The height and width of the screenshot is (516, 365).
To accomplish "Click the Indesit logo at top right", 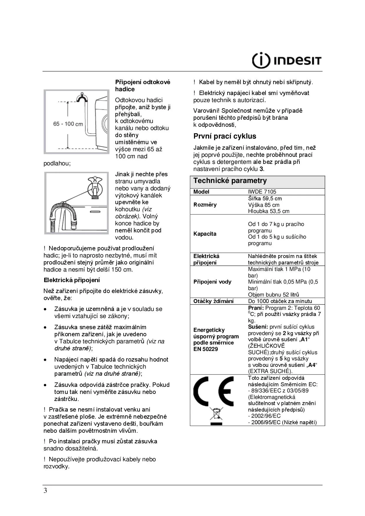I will coord(286,60).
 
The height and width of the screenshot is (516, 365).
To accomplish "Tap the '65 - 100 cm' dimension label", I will coord(68,124).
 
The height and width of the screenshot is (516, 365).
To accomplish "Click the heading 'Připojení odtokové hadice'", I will coord(142,86).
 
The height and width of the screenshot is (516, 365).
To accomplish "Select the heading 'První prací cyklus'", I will coord(225,136).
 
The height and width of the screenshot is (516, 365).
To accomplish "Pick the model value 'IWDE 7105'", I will coord(262,192).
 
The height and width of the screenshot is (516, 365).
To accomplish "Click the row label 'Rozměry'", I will coord(205,205).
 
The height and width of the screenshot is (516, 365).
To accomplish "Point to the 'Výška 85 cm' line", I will coord(263,205).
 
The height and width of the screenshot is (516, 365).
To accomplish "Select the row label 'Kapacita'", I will coord(205,234).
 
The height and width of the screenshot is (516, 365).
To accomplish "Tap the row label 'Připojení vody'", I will coord(212,282).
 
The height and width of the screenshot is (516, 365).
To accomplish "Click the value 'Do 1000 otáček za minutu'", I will coord(280,301).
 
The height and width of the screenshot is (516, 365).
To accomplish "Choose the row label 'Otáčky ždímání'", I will coord(213,301).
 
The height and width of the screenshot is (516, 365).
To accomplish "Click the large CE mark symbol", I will coord(213,391).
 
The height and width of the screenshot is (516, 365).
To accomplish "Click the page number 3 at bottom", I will coord(45,490).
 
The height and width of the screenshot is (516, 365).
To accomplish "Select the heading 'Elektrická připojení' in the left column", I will coord(72,280).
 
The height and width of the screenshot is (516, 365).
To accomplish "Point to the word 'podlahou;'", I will coord(57,164).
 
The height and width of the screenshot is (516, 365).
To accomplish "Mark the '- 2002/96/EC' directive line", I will coord(264,416).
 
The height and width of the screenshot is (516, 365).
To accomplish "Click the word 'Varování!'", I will coord(206,111).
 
